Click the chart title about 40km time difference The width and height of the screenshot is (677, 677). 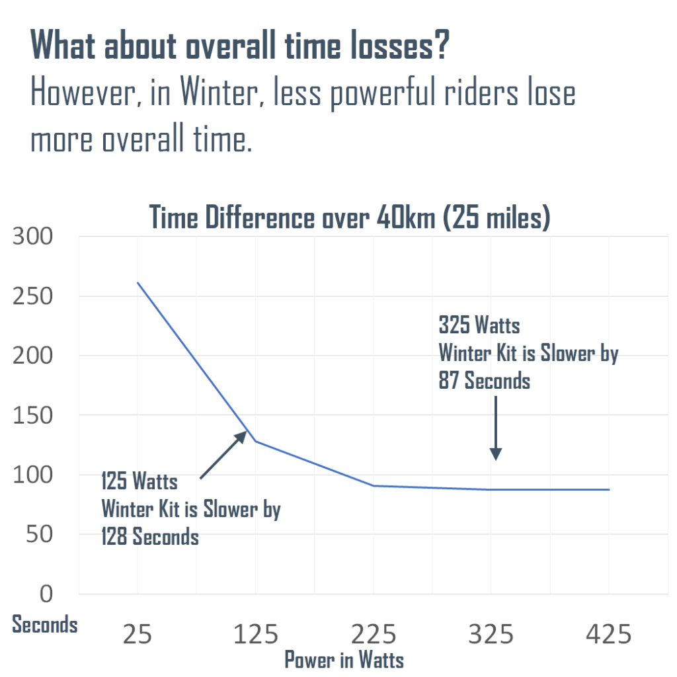click(350, 218)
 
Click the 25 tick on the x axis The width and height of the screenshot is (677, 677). click(138, 635)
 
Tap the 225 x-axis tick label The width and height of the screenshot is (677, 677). click(373, 635)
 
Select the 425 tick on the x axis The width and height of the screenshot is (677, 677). click(609, 635)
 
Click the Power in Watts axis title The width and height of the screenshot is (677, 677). click(344, 659)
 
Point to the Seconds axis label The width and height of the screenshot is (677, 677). click(45, 625)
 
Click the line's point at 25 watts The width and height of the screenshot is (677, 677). click(138, 283)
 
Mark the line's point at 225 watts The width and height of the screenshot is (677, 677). click(373, 486)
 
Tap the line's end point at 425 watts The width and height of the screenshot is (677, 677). click(609, 490)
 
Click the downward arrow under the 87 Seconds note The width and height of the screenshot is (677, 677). click(495, 430)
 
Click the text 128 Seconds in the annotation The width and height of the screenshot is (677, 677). click(149, 536)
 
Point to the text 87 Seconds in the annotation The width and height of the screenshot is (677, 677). click(484, 381)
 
